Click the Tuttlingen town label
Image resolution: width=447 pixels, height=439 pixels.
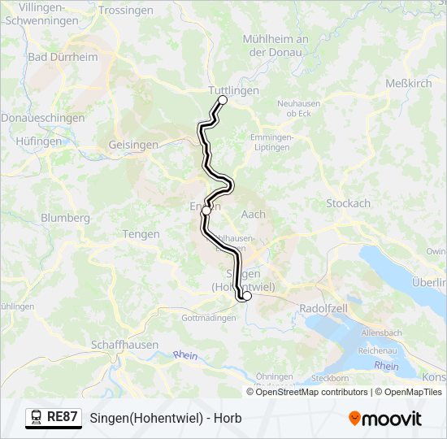pyautogui.click(x=232, y=90)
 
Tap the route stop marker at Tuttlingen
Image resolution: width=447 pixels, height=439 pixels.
pyautogui.click(x=223, y=100)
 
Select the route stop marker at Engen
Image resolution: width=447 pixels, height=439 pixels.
pyautogui.click(x=206, y=210)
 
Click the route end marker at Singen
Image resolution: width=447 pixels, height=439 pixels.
pyautogui.click(x=246, y=297)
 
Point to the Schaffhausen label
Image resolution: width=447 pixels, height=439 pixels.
pyautogui.click(x=124, y=344)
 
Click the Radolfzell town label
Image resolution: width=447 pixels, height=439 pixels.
pyautogui.click(x=324, y=309)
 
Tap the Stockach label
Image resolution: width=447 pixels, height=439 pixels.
pyautogui.click(x=348, y=203)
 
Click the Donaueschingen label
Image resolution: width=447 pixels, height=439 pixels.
pyautogui.click(x=42, y=118)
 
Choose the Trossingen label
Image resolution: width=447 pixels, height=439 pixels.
pyautogui.click(x=125, y=11)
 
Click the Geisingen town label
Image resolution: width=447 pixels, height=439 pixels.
pyautogui.click(x=133, y=145)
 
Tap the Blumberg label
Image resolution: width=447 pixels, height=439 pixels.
pyautogui.click(x=65, y=218)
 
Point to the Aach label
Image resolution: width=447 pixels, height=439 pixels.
pyautogui.click(x=254, y=214)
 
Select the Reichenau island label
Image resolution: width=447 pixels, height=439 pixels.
pyautogui.click(x=376, y=350)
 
